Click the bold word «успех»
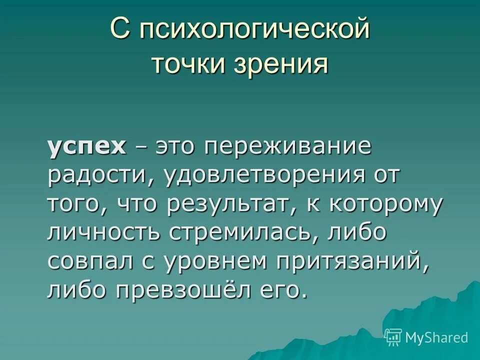coord(86,147)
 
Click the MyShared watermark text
coord(436,337)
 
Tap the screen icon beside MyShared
coord(393,337)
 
